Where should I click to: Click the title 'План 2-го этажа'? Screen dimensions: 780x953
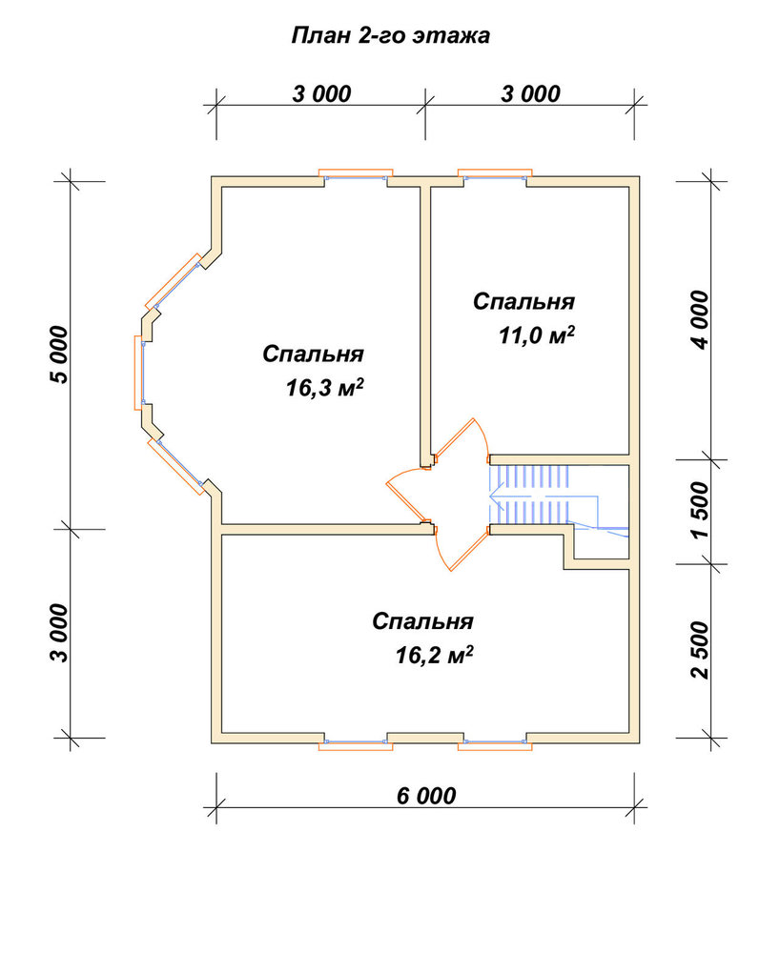390,35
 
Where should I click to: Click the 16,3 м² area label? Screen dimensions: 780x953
324,387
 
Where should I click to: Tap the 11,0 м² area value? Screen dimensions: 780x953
537,335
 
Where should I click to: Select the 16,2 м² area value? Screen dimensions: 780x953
434,656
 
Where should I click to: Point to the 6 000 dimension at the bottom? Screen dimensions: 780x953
426,796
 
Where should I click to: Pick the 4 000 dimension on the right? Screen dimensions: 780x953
700,319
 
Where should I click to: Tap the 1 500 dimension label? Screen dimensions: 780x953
700,510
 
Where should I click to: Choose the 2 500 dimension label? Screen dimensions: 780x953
700,650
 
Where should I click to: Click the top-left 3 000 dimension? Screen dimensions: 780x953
321,94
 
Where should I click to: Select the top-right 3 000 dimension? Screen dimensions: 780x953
530,94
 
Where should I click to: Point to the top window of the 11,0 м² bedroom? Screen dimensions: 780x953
495,174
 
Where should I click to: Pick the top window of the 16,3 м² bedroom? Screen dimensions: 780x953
356,174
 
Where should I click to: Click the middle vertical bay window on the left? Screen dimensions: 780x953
139,372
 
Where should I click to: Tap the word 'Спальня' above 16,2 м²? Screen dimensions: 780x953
422,621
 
